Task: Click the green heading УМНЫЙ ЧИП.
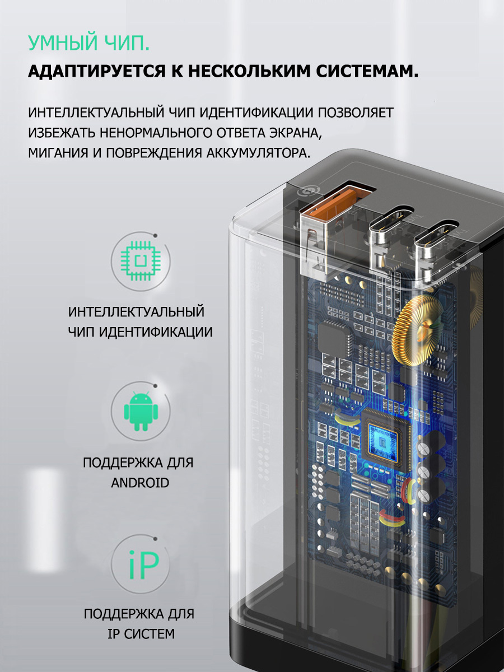point(89,43)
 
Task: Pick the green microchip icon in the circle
point(141,261)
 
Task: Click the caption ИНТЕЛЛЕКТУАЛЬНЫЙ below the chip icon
point(136,312)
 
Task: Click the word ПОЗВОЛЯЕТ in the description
point(355,113)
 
